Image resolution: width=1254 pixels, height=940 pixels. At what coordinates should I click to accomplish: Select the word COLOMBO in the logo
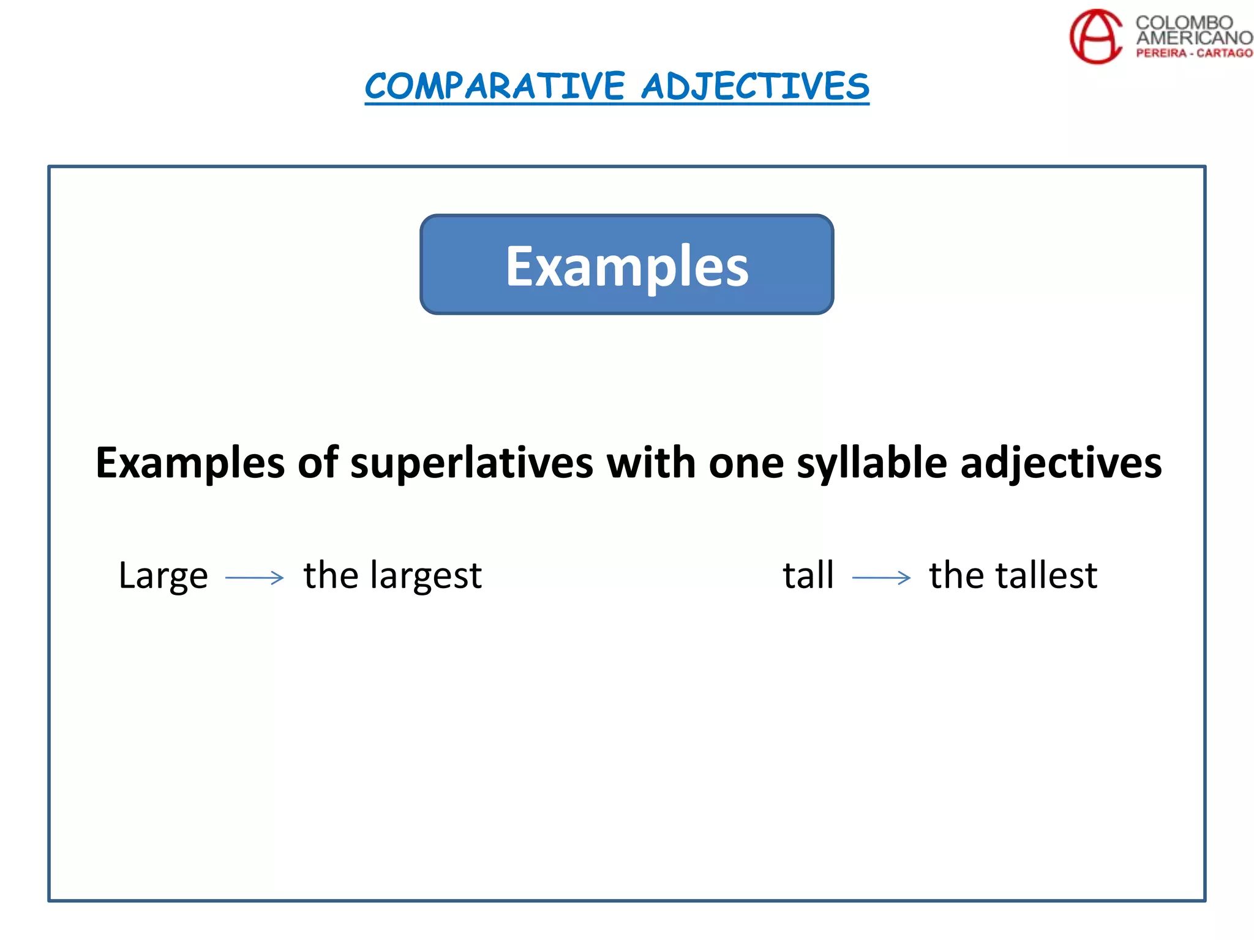point(1184,23)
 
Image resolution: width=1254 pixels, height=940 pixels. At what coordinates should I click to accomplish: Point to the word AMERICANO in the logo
point(1194,38)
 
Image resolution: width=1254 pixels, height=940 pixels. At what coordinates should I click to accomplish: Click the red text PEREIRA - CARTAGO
point(1194,53)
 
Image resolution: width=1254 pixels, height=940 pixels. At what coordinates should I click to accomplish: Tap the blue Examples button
point(626,265)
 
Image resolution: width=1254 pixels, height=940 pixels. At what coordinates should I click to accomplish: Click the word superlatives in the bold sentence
point(471,463)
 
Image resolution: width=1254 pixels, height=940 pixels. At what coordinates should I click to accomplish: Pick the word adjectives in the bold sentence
point(1061,464)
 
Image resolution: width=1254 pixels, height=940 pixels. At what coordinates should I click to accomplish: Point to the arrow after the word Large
point(255,578)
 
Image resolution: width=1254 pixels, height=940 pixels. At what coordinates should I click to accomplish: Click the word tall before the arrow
point(808,575)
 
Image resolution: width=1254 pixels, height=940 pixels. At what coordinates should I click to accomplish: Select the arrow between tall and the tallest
point(881,578)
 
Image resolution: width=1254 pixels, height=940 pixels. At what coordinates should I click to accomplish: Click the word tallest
point(1046,575)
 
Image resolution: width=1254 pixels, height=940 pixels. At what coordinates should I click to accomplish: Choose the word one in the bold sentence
point(746,464)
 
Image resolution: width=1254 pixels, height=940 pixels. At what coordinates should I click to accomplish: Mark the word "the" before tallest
point(956,575)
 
